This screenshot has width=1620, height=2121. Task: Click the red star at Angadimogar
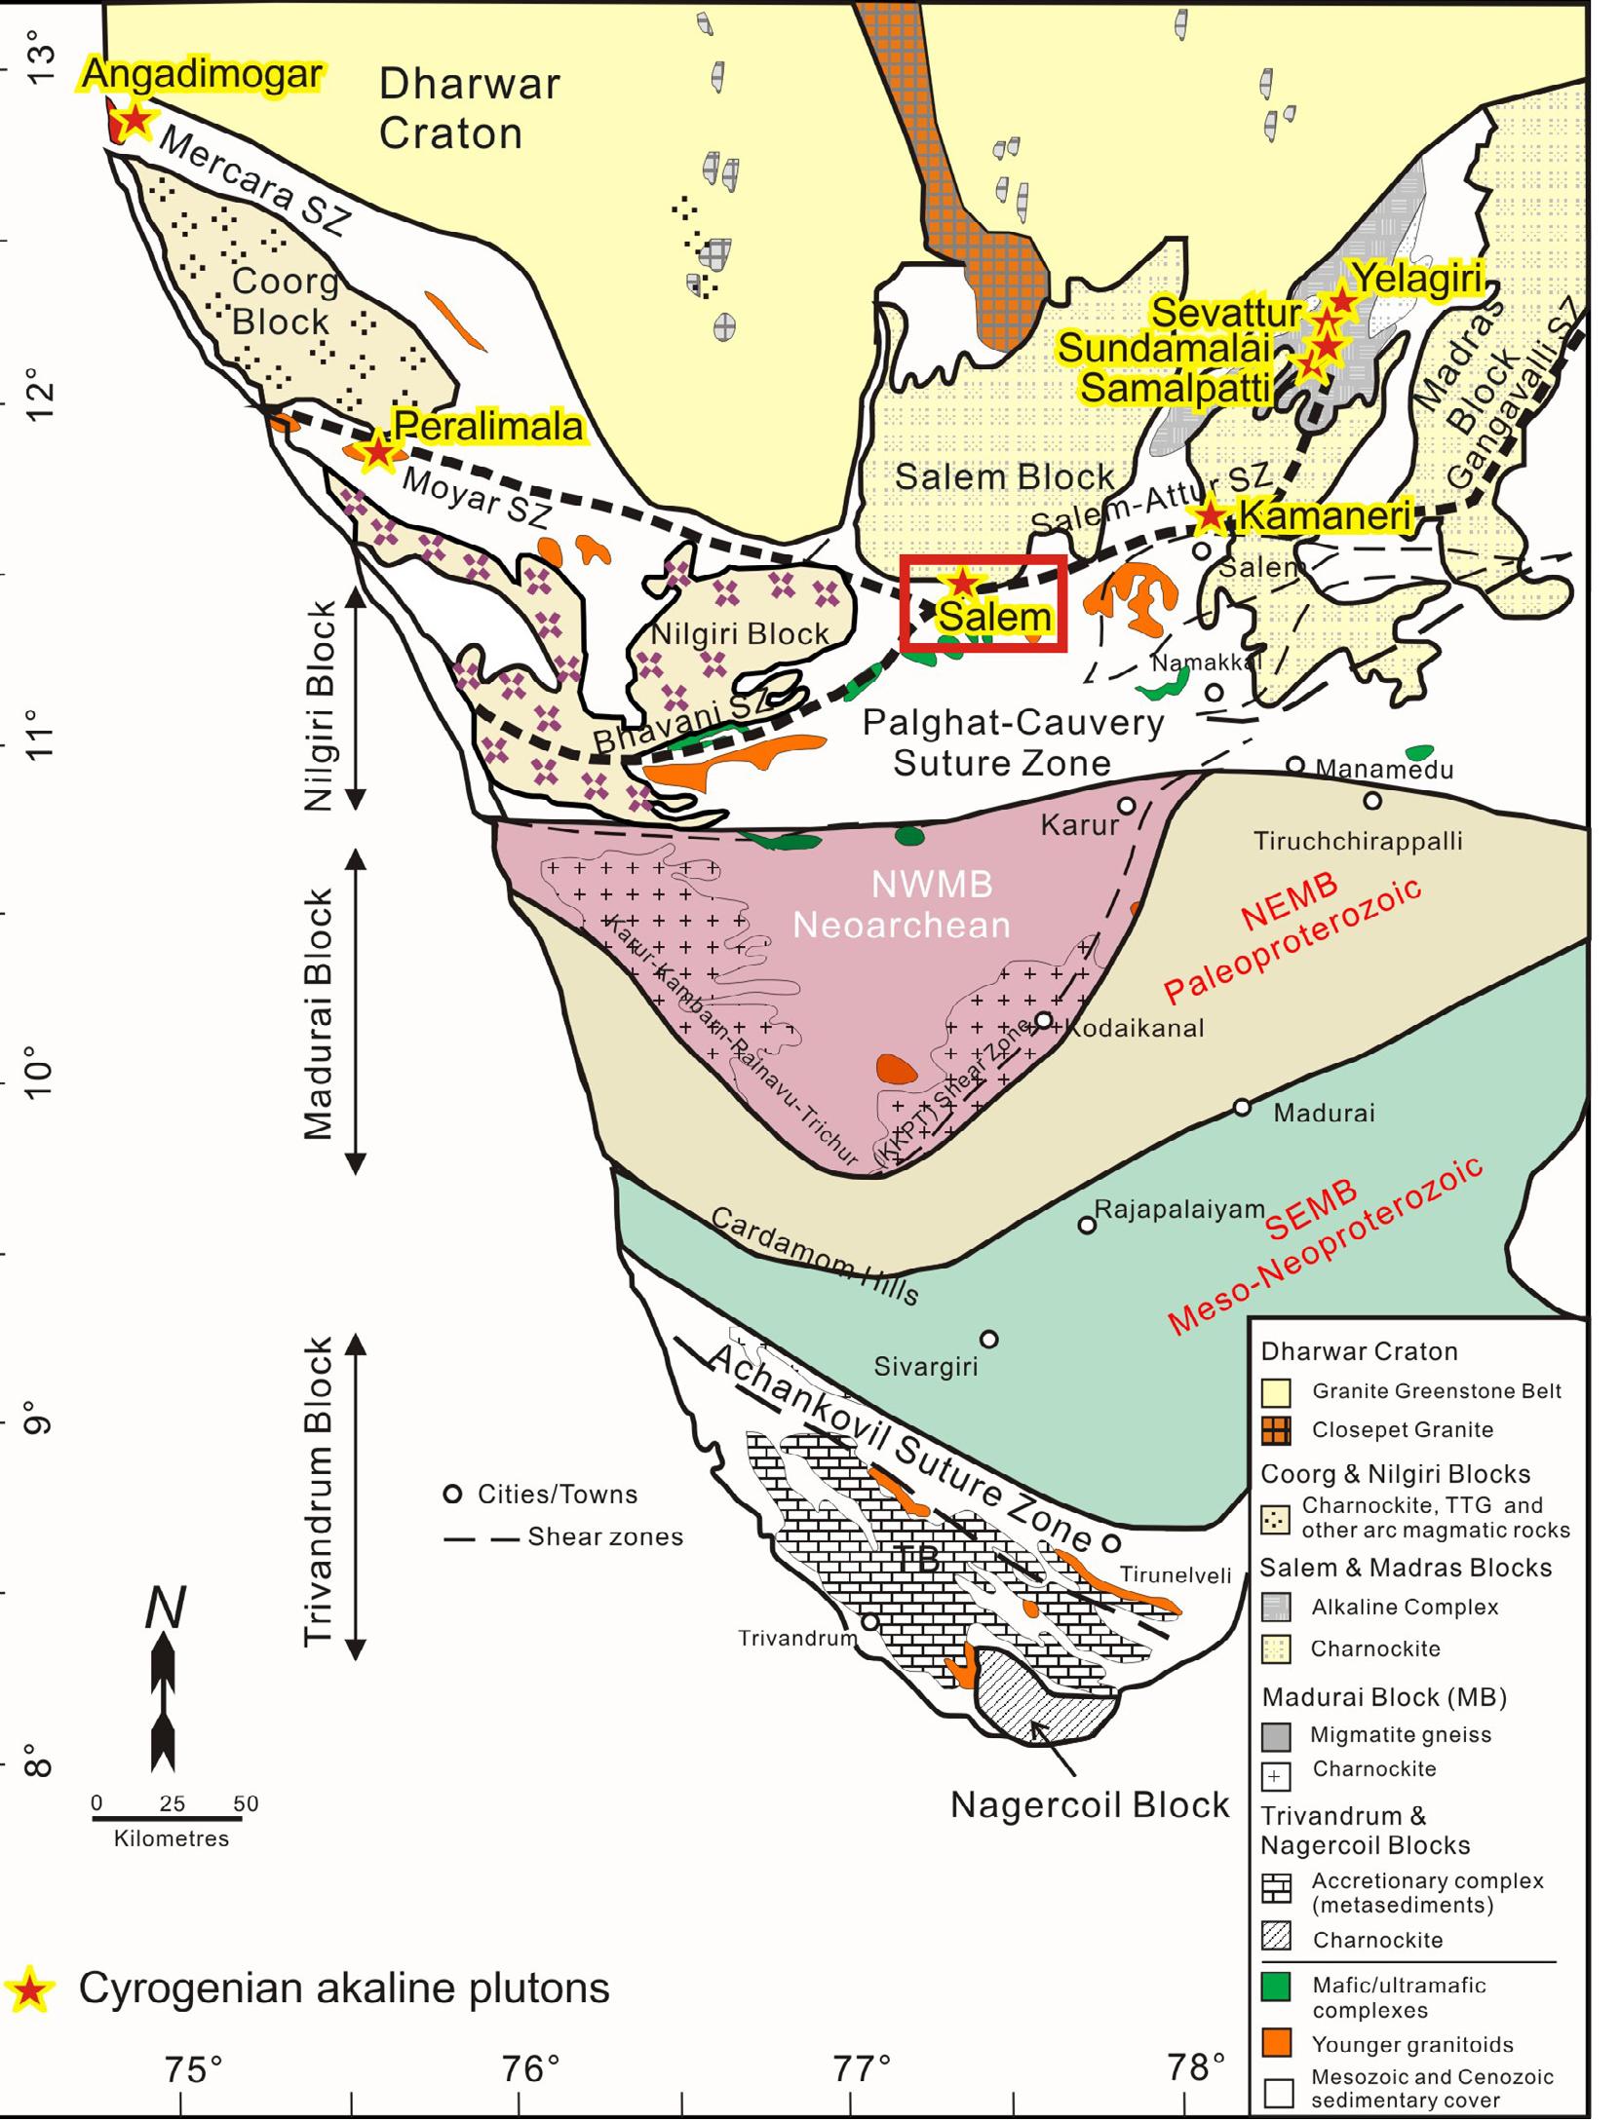coord(135,120)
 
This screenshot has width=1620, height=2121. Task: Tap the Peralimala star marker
coord(376,451)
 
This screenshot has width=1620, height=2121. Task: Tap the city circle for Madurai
coord(1242,1107)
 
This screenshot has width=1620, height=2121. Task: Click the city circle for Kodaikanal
coord(1043,1020)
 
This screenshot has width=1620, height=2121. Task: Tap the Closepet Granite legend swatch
coord(1276,1430)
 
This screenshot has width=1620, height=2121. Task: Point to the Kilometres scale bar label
coord(172,1838)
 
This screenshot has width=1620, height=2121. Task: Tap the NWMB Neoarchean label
coord(901,904)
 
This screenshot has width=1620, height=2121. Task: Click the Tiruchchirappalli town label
coord(1357,841)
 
